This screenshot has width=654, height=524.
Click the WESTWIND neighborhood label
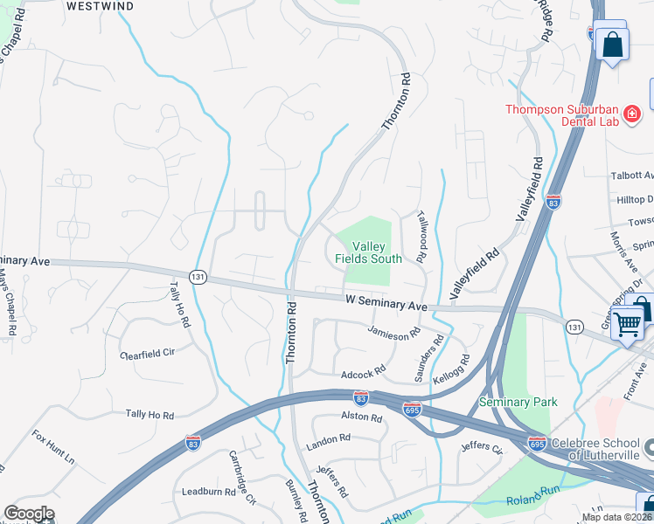coord(101,5)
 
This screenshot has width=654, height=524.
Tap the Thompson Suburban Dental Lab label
coord(560,115)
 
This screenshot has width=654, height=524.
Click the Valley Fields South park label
coord(368,252)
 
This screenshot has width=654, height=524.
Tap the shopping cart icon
coord(628,323)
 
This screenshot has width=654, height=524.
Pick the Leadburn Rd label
coord(204,492)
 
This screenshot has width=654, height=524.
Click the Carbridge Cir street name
coord(242,488)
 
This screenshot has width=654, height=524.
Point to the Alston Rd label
coord(362,418)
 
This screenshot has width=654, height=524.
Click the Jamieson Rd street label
coord(394,332)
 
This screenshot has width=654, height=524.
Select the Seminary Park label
coord(518,403)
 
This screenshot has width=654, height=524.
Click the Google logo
coord(29,514)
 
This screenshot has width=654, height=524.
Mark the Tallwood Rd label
coord(421,237)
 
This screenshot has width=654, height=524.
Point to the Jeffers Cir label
coord(484,449)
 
